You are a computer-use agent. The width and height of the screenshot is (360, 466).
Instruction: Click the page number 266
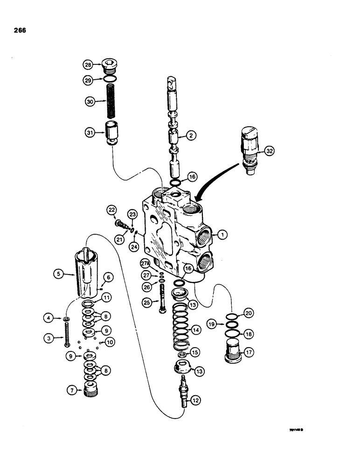click(20, 31)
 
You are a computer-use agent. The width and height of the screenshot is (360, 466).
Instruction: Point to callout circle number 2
click(190, 136)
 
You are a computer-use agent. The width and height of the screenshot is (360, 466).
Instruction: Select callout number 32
click(270, 151)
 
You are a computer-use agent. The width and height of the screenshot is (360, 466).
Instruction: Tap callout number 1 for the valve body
click(222, 235)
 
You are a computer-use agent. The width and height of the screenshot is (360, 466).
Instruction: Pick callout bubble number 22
click(111, 210)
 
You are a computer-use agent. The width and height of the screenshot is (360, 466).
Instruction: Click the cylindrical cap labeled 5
click(89, 273)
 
